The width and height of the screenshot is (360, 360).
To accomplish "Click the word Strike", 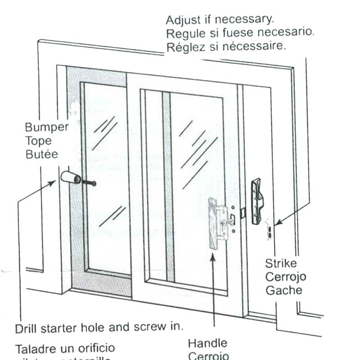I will pyautogui.click(x=281, y=263).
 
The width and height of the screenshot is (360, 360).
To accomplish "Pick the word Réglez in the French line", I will pyautogui.click(x=182, y=47).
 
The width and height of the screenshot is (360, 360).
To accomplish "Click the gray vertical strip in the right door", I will pyautogui.click(x=165, y=189).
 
